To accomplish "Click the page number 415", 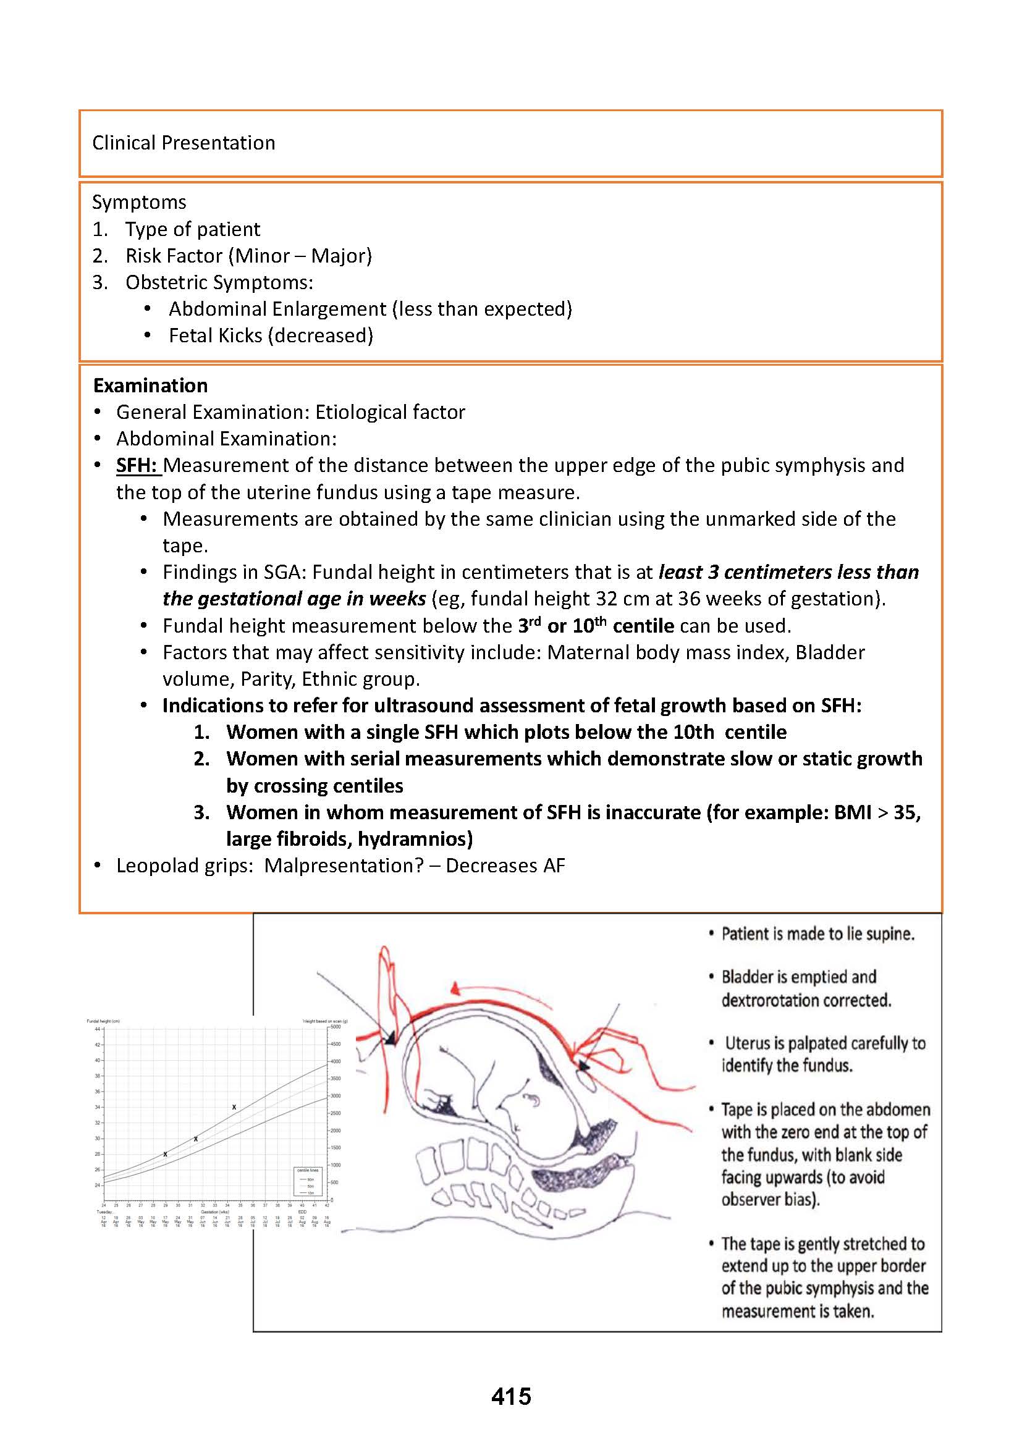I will click(511, 1396).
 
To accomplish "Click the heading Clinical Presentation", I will click(183, 143).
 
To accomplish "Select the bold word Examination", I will click(150, 385).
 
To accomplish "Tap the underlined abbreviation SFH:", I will click(137, 465).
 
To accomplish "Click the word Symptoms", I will click(139, 202).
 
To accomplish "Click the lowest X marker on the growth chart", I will click(166, 1154).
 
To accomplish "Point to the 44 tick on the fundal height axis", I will click(98, 1029).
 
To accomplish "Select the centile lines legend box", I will click(308, 1182).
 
